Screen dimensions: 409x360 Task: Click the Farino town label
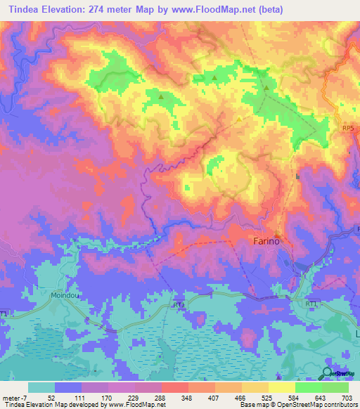(265, 241)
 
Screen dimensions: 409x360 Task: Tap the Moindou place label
(66, 297)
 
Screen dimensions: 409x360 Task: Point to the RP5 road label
(347, 129)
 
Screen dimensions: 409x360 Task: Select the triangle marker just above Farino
(277, 235)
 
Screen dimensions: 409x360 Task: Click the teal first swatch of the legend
(41, 387)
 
